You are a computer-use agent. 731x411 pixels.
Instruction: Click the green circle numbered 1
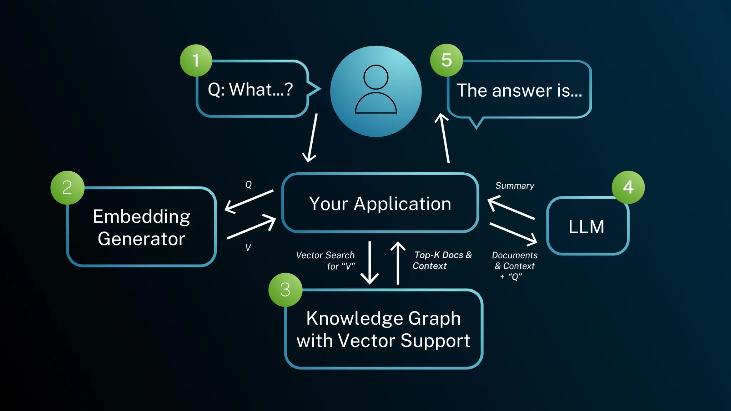(196, 60)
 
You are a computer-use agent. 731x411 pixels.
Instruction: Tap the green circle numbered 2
(67, 188)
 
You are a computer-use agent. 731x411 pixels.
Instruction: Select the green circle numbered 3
(285, 289)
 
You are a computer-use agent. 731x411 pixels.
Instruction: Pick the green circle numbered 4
(628, 187)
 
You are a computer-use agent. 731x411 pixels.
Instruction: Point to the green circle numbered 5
(447, 60)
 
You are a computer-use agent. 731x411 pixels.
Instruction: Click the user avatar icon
(376, 91)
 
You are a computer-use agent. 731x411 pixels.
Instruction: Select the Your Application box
(380, 203)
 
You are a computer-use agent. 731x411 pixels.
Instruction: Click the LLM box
(587, 227)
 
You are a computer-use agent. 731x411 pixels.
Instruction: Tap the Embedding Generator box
(141, 227)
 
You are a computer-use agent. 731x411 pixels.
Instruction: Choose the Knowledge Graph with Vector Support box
(384, 329)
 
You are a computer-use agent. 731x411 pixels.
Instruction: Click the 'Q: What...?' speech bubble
(252, 89)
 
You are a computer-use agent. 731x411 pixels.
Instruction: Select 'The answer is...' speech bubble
(519, 90)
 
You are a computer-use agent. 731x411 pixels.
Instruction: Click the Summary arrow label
(515, 186)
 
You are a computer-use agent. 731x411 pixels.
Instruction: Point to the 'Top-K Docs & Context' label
(442, 260)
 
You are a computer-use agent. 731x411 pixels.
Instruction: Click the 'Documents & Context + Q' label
(515, 266)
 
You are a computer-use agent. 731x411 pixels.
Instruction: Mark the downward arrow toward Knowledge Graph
(370, 263)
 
